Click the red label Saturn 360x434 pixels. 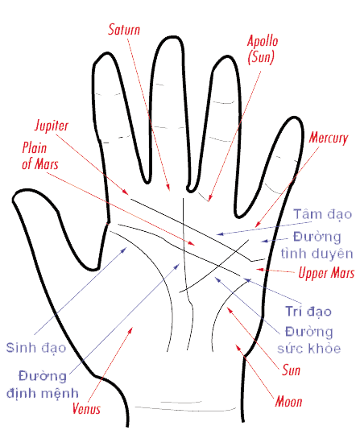124,29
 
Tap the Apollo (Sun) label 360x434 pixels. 263,49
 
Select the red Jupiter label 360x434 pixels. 52,126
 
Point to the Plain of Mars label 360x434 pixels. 40,155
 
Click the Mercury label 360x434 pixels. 328,138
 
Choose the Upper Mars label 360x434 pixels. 326,273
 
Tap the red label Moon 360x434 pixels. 288,401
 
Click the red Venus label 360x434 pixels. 86,408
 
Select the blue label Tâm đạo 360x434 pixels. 323,214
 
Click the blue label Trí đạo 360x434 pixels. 308,311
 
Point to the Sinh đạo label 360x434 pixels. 36,347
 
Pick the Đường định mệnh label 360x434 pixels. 43,385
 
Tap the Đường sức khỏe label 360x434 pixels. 308,340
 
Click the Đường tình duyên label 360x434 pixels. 317,246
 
